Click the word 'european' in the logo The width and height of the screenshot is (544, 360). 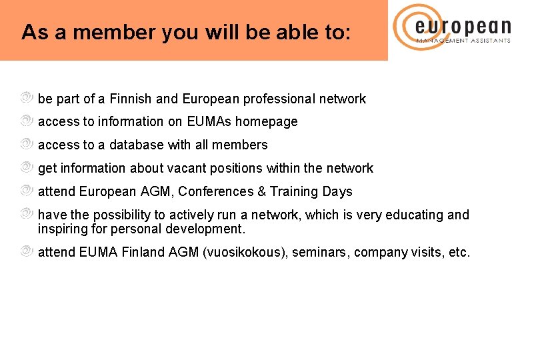click(463, 27)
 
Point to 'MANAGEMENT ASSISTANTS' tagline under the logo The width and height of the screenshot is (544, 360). click(463, 41)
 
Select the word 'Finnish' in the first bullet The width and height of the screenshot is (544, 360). click(131, 99)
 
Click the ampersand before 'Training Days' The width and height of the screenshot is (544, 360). click(262, 192)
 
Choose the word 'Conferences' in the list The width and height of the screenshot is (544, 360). click(216, 192)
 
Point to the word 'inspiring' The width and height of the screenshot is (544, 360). click(62, 229)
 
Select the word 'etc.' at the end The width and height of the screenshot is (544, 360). click(459, 253)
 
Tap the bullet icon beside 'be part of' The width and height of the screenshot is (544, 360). click(26, 98)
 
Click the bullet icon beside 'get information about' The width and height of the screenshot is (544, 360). click(26, 168)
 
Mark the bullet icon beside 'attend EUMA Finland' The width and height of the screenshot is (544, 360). click(26, 252)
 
